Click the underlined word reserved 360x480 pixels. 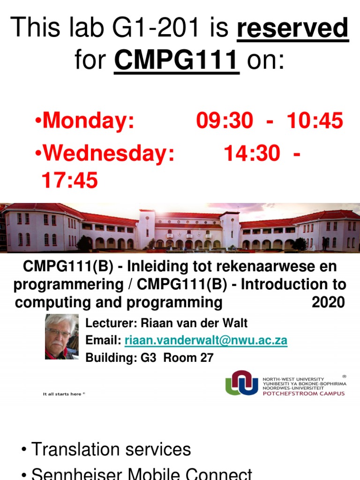(292, 29)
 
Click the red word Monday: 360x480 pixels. (89, 121)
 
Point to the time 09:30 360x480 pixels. (224, 121)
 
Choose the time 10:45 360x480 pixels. (315, 121)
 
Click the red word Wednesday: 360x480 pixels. (108, 154)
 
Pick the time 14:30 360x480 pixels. (252, 154)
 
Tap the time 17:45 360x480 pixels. (70, 180)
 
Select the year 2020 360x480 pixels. (328, 302)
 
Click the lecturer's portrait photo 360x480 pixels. (61, 337)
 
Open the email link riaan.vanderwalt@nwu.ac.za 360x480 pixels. (206, 341)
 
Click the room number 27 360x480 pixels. (206, 358)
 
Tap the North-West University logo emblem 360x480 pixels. (241, 383)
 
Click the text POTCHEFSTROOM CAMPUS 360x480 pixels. (303, 393)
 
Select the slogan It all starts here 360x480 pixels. (64, 394)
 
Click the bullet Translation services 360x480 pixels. (111, 450)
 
